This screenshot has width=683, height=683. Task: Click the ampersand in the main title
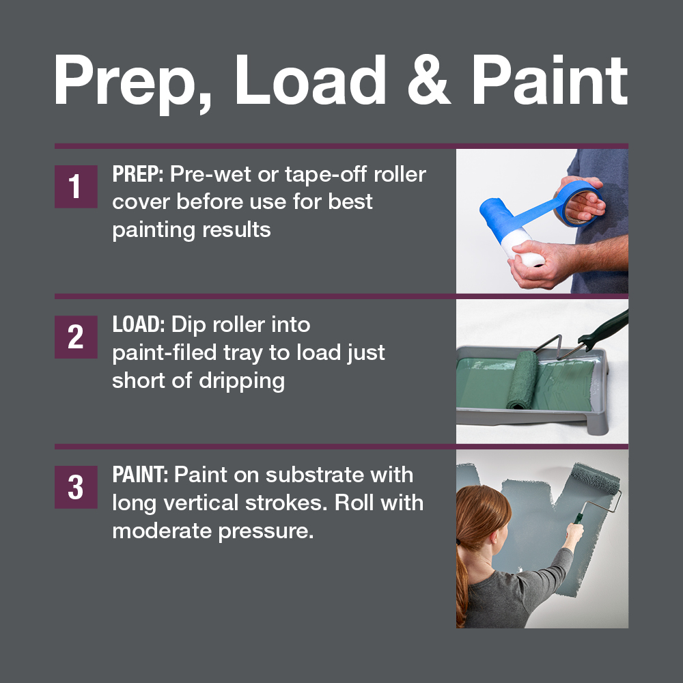point(429,80)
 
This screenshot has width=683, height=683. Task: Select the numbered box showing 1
point(76,186)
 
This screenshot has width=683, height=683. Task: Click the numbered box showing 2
point(76,337)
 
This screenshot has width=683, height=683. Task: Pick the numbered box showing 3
point(76,487)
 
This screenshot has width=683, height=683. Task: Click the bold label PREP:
point(138,174)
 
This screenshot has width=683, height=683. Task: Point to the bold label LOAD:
point(139,324)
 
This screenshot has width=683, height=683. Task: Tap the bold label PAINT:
point(140,475)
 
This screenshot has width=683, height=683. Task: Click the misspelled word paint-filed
point(165,353)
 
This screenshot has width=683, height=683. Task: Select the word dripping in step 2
point(242,382)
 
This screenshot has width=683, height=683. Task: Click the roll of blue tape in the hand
point(580,204)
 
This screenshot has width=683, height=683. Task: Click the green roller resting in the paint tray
point(522,380)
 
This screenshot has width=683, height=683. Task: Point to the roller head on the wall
point(595,478)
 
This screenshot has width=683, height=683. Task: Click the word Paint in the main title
point(550,80)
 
